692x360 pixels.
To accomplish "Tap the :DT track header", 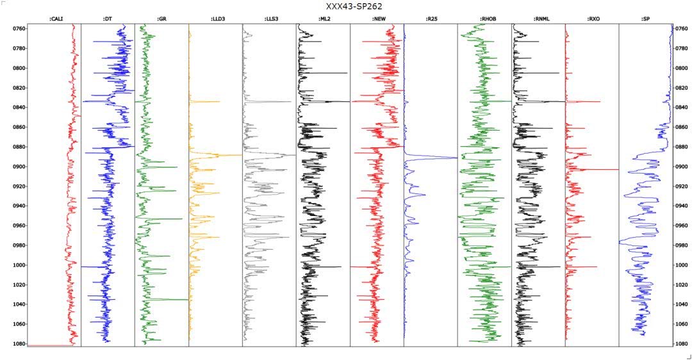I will pyautogui.click(x=108, y=19).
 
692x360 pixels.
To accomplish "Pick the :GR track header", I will pyautogui.click(x=161, y=19).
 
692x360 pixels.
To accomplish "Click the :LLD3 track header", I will pyautogui.click(x=215, y=19).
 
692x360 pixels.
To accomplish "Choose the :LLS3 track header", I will pyautogui.click(x=269, y=19).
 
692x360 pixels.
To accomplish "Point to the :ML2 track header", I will pyautogui.click(x=323, y=19).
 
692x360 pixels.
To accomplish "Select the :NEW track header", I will pyautogui.click(x=377, y=19).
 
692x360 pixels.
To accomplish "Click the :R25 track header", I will pyautogui.click(x=431, y=19).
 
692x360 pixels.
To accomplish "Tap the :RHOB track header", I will pyautogui.click(x=484, y=19).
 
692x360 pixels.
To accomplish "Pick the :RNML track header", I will pyautogui.click(x=538, y=19).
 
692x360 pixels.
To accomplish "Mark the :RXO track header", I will pyautogui.click(x=592, y=19).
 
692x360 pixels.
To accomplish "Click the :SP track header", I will pyautogui.click(x=646, y=19).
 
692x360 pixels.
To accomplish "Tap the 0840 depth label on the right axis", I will pyautogui.click(x=682, y=108).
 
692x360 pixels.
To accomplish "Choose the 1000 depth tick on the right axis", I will pyautogui.click(x=682, y=265).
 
